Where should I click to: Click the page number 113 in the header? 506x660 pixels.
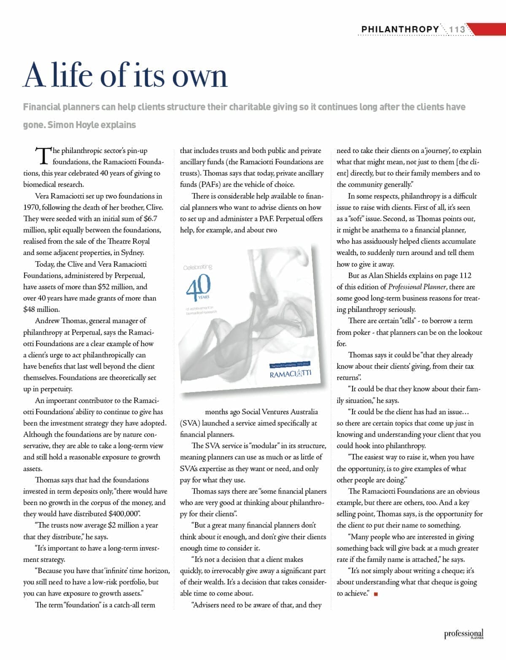(457, 30)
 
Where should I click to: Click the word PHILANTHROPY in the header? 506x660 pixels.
(400, 30)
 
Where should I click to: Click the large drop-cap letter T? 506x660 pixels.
(42, 155)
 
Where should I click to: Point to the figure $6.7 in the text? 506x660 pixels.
(151, 218)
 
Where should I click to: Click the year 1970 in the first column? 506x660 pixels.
(31, 207)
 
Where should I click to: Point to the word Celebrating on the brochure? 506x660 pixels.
(198, 267)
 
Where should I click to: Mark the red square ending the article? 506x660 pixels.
(375, 594)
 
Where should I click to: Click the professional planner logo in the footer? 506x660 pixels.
(463, 634)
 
